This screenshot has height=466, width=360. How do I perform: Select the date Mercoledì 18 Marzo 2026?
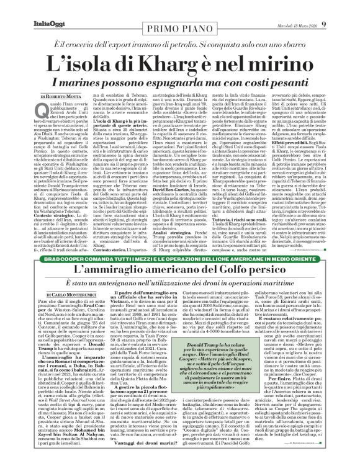314,7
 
